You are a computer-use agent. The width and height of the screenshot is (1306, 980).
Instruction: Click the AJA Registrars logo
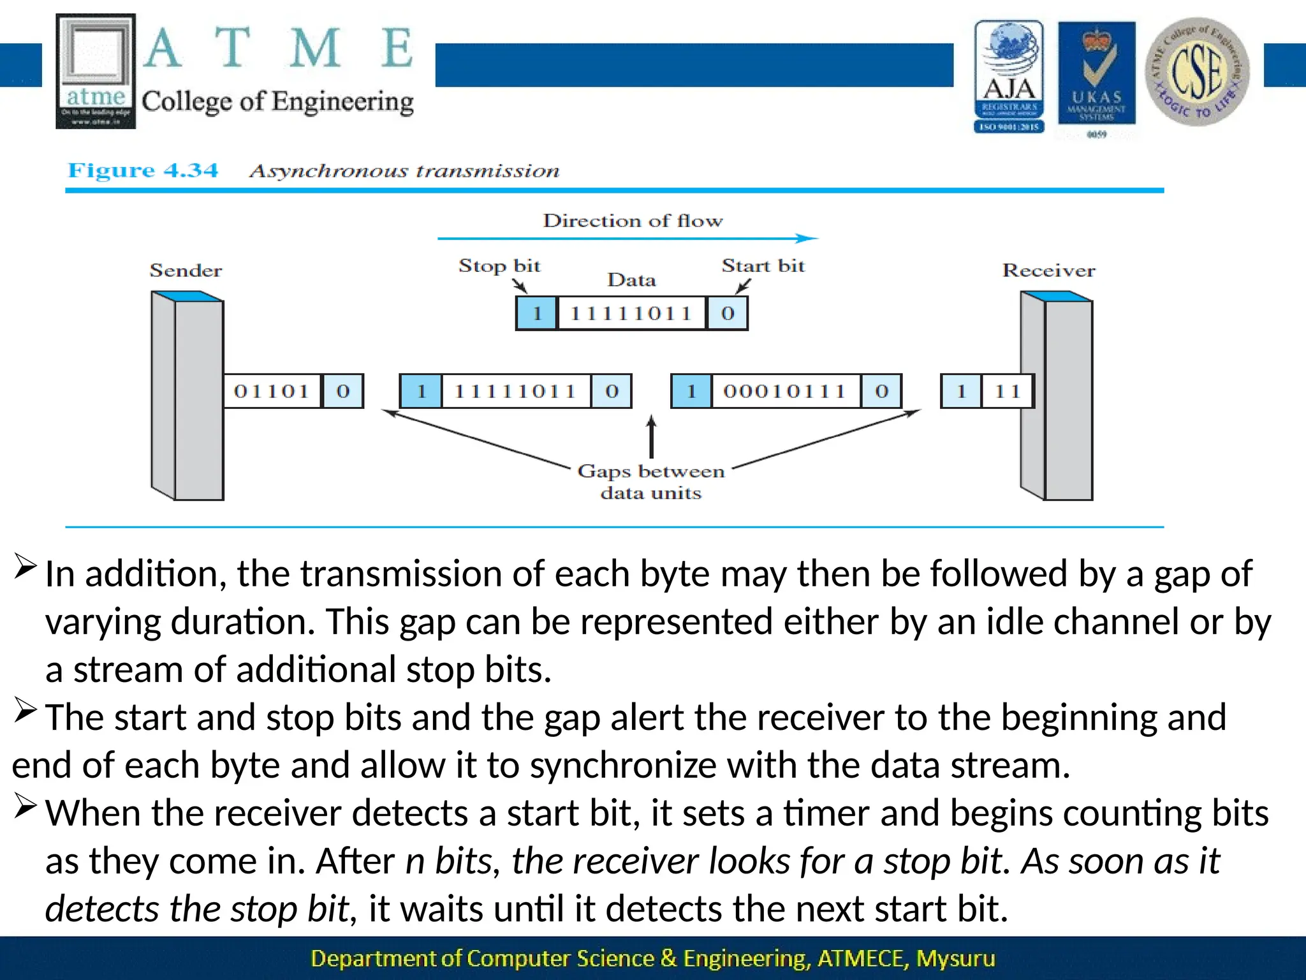pyautogui.click(x=1009, y=77)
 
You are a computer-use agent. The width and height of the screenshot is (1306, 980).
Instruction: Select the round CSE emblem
pyautogui.click(x=1197, y=72)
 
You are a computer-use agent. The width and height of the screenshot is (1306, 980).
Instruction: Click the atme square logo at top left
pyautogui.click(x=96, y=71)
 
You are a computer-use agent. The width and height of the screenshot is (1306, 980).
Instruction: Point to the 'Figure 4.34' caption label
pyautogui.click(x=143, y=170)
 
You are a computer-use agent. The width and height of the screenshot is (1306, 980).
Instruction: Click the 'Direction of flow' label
pyautogui.click(x=633, y=221)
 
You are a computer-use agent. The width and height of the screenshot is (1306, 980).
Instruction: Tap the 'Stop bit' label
pyautogui.click(x=499, y=265)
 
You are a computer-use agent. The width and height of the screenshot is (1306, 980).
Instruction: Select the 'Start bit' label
pyautogui.click(x=763, y=265)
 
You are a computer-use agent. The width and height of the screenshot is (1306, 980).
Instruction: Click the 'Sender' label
pyautogui.click(x=186, y=271)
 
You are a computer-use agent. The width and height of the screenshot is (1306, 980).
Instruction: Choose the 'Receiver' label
pyautogui.click(x=1048, y=271)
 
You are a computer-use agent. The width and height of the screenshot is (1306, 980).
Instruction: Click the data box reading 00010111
pyautogui.click(x=784, y=391)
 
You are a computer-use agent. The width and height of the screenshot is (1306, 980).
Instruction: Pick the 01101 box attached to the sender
pyautogui.click(x=272, y=391)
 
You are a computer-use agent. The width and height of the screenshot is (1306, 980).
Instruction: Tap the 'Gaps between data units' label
pyautogui.click(x=651, y=482)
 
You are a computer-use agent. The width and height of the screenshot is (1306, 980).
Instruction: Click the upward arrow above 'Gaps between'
pyautogui.click(x=651, y=436)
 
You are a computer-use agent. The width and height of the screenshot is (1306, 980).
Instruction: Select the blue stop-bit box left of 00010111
pyautogui.click(x=691, y=391)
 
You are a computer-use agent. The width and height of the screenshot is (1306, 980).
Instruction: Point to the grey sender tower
pyautogui.click(x=187, y=396)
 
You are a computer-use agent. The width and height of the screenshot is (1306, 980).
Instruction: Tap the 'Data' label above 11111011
pyautogui.click(x=631, y=280)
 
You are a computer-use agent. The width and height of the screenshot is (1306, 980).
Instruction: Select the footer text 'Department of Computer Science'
pyautogui.click(x=482, y=958)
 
